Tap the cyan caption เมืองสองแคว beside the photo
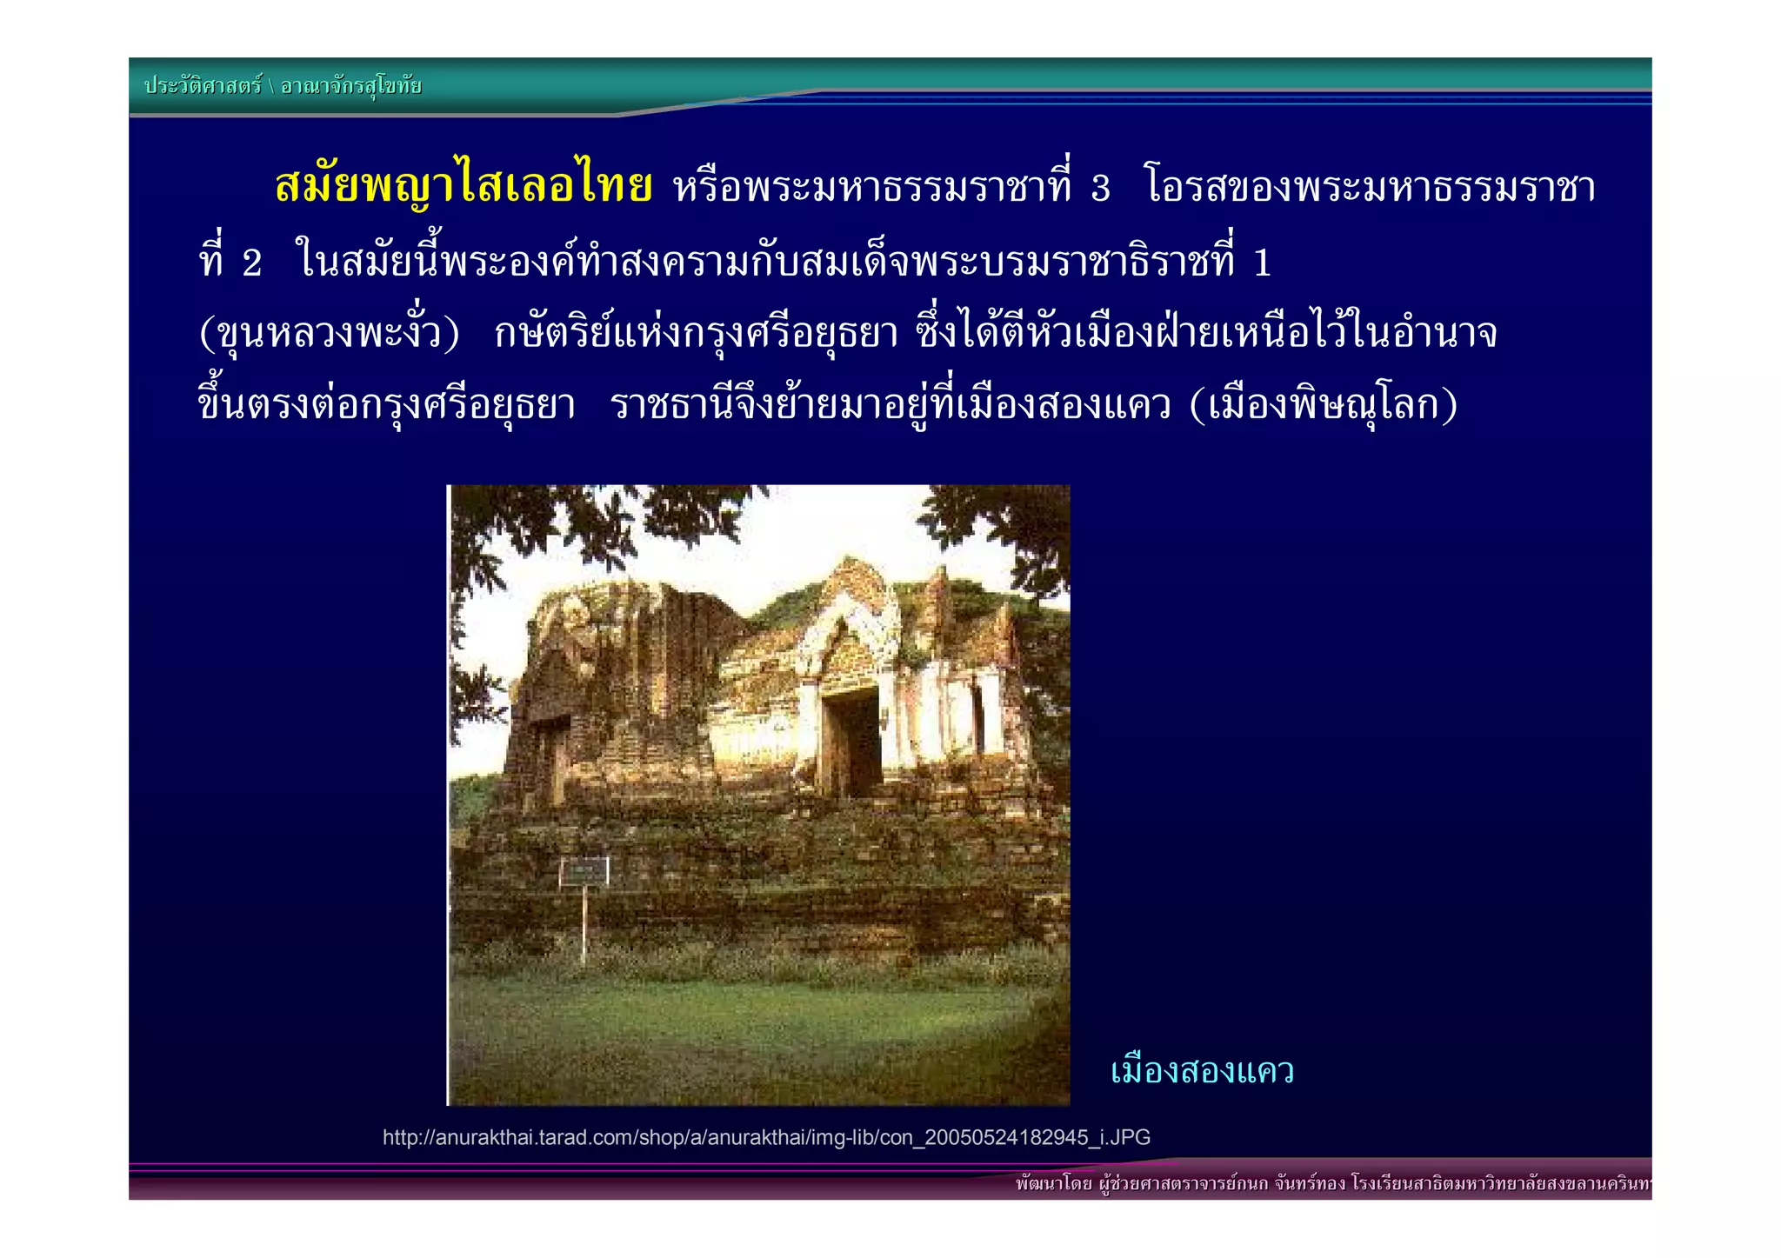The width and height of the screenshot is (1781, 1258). tap(1202, 1071)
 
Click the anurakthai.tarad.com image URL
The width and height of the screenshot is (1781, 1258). tap(766, 1137)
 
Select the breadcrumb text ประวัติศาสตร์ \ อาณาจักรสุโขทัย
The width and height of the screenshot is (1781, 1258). tap(283, 86)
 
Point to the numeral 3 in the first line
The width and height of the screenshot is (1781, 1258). tap(1101, 189)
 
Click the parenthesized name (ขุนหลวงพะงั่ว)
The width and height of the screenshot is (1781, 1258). tap(329, 334)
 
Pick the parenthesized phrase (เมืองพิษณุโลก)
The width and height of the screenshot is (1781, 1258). tap(1323, 405)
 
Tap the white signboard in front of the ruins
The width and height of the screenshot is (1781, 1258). tap(584, 871)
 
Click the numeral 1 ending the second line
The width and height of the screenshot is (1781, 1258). tap(1263, 263)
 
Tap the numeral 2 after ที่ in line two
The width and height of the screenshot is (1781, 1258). tap(252, 263)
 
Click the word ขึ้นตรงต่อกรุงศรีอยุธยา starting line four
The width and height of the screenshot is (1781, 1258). tap(387, 405)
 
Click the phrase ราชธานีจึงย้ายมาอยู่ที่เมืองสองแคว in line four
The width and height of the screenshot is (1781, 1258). tap(891, 405)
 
